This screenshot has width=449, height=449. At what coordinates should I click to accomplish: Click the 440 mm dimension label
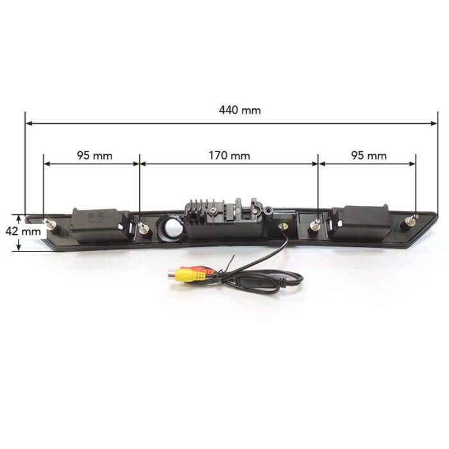[x=240, y=110]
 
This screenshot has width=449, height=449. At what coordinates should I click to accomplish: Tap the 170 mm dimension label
[x=229, y=156]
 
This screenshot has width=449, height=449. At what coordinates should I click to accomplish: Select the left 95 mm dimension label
[x=95, y=156]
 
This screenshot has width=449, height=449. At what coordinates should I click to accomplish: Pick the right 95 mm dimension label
[x=369, y=156]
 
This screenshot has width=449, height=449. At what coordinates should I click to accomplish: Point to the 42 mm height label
[x=23, y=232]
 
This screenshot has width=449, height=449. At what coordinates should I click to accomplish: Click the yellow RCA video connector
[x=187, y=275]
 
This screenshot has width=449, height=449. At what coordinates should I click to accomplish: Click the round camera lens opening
[x=171, y=228]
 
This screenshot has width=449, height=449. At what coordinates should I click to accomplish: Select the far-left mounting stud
[x=51, y=225]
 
